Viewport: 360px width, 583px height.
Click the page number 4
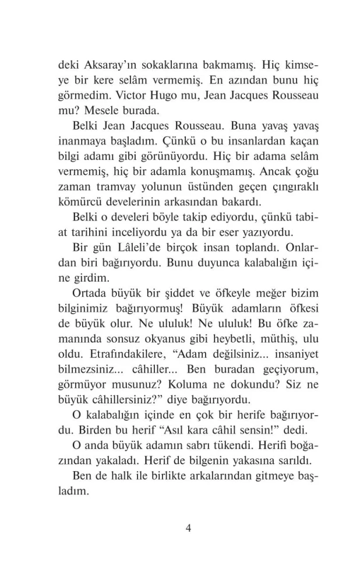188,528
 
